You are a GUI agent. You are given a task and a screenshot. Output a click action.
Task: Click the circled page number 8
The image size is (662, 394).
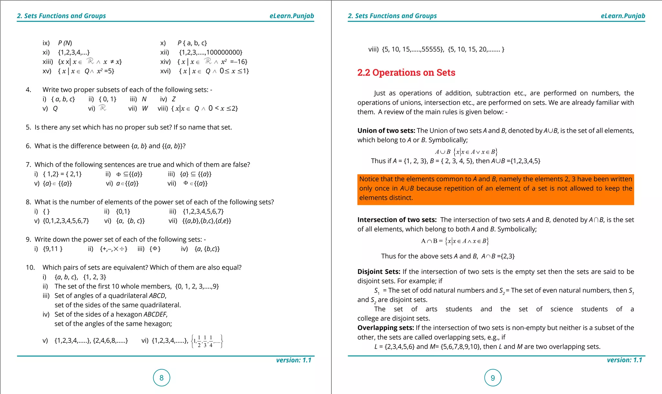pos(161,377)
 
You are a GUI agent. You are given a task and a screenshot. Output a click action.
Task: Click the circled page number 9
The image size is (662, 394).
pos(493,377)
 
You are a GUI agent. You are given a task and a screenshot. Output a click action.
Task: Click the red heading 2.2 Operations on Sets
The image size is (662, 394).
pos(406,73)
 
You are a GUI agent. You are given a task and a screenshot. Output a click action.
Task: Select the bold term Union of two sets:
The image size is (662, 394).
pos(386,131)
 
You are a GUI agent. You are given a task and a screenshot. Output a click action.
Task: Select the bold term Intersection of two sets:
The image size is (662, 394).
pos(397,220)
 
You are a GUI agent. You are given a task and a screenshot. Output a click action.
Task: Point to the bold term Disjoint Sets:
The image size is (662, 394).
pos(379,272)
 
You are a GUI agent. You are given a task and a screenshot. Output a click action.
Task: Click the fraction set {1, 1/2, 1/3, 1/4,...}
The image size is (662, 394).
pos(207,341)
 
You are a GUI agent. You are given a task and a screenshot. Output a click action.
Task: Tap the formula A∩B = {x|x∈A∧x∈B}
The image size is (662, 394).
pos(455,241)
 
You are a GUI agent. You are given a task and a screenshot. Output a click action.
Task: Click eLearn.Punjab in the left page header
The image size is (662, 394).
pos(292,16)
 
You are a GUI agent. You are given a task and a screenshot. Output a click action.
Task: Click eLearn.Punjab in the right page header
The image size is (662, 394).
pos(623,16)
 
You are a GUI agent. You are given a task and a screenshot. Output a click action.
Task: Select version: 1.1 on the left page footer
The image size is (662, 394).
pos(294,360)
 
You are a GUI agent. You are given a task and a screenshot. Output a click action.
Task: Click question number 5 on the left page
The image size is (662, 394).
pos(28,127)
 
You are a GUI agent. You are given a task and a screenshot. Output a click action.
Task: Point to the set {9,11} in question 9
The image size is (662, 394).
pos(53,249)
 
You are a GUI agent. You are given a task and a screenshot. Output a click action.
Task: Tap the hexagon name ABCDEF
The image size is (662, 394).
pos(155,314)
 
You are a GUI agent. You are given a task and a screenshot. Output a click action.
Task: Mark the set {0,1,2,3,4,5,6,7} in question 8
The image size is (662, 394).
pos(66,221)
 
